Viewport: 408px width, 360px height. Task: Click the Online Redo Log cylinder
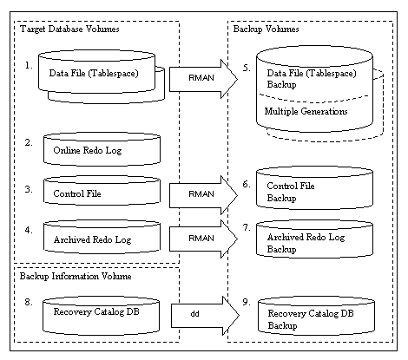[102, 149]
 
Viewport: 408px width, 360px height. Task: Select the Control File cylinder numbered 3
[102, 191]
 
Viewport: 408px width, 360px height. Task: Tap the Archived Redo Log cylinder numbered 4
[102, 237]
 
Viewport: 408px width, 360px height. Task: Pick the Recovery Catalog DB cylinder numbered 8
[101, 316]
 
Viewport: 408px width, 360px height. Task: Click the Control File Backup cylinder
[314, 188]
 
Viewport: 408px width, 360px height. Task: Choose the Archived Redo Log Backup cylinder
[314, 239]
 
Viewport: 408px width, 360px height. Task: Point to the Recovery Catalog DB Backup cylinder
[316, 316]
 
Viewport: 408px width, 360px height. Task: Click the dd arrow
[205, 316]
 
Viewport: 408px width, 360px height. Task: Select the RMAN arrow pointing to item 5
[203, 79]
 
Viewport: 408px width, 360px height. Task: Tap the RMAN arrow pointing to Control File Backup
[203, 195]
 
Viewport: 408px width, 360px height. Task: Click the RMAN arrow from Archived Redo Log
[203, 239]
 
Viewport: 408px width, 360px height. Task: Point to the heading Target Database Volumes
[69, 29]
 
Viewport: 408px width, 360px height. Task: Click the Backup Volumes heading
[266, 29]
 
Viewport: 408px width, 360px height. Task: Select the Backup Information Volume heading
[76, 276]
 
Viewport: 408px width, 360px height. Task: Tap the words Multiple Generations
[306, 111]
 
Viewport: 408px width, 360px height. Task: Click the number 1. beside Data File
[29, 66]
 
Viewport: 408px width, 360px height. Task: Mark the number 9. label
[247, 302]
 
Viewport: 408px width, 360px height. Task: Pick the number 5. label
[247, 68]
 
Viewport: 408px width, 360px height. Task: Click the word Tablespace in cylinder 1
[113, 73]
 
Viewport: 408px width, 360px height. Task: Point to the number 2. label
[29, 142]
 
